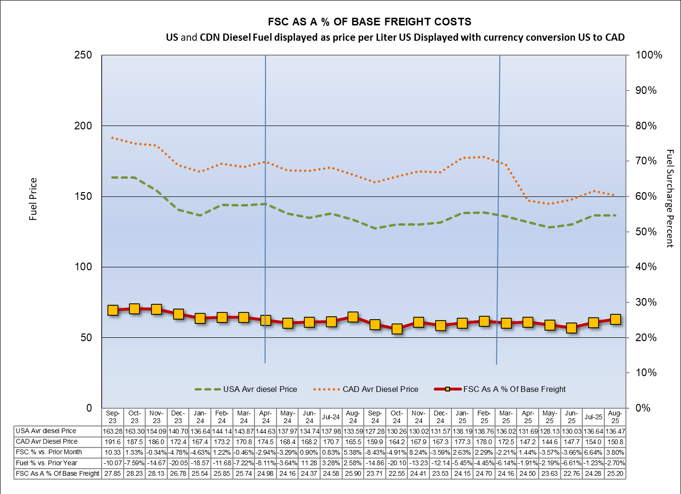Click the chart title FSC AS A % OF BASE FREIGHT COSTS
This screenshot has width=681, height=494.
(369, 22)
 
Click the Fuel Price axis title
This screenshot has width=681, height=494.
(33, 199)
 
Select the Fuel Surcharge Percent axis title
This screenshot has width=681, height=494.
(670, 198)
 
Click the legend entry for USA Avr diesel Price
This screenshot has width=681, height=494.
(246, 389)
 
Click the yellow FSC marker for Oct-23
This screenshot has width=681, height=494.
(135, 309)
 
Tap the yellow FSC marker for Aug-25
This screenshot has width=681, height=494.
(615, 320)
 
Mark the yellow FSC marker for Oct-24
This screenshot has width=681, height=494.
(397, 329)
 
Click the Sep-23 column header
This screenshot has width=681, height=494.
(113, 417)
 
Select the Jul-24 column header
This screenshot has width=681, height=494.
(331, 417)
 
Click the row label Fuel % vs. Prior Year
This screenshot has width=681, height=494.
(46, 463)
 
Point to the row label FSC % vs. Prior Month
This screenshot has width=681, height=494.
(49, 452)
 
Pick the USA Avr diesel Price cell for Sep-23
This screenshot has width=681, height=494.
(113, 431)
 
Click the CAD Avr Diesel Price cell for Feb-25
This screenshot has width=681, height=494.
(485, 441)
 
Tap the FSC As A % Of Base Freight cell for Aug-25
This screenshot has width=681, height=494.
(615, 473)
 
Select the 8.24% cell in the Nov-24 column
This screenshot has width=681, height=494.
(419, 452)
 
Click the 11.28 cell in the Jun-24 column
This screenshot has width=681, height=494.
(309, 463)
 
